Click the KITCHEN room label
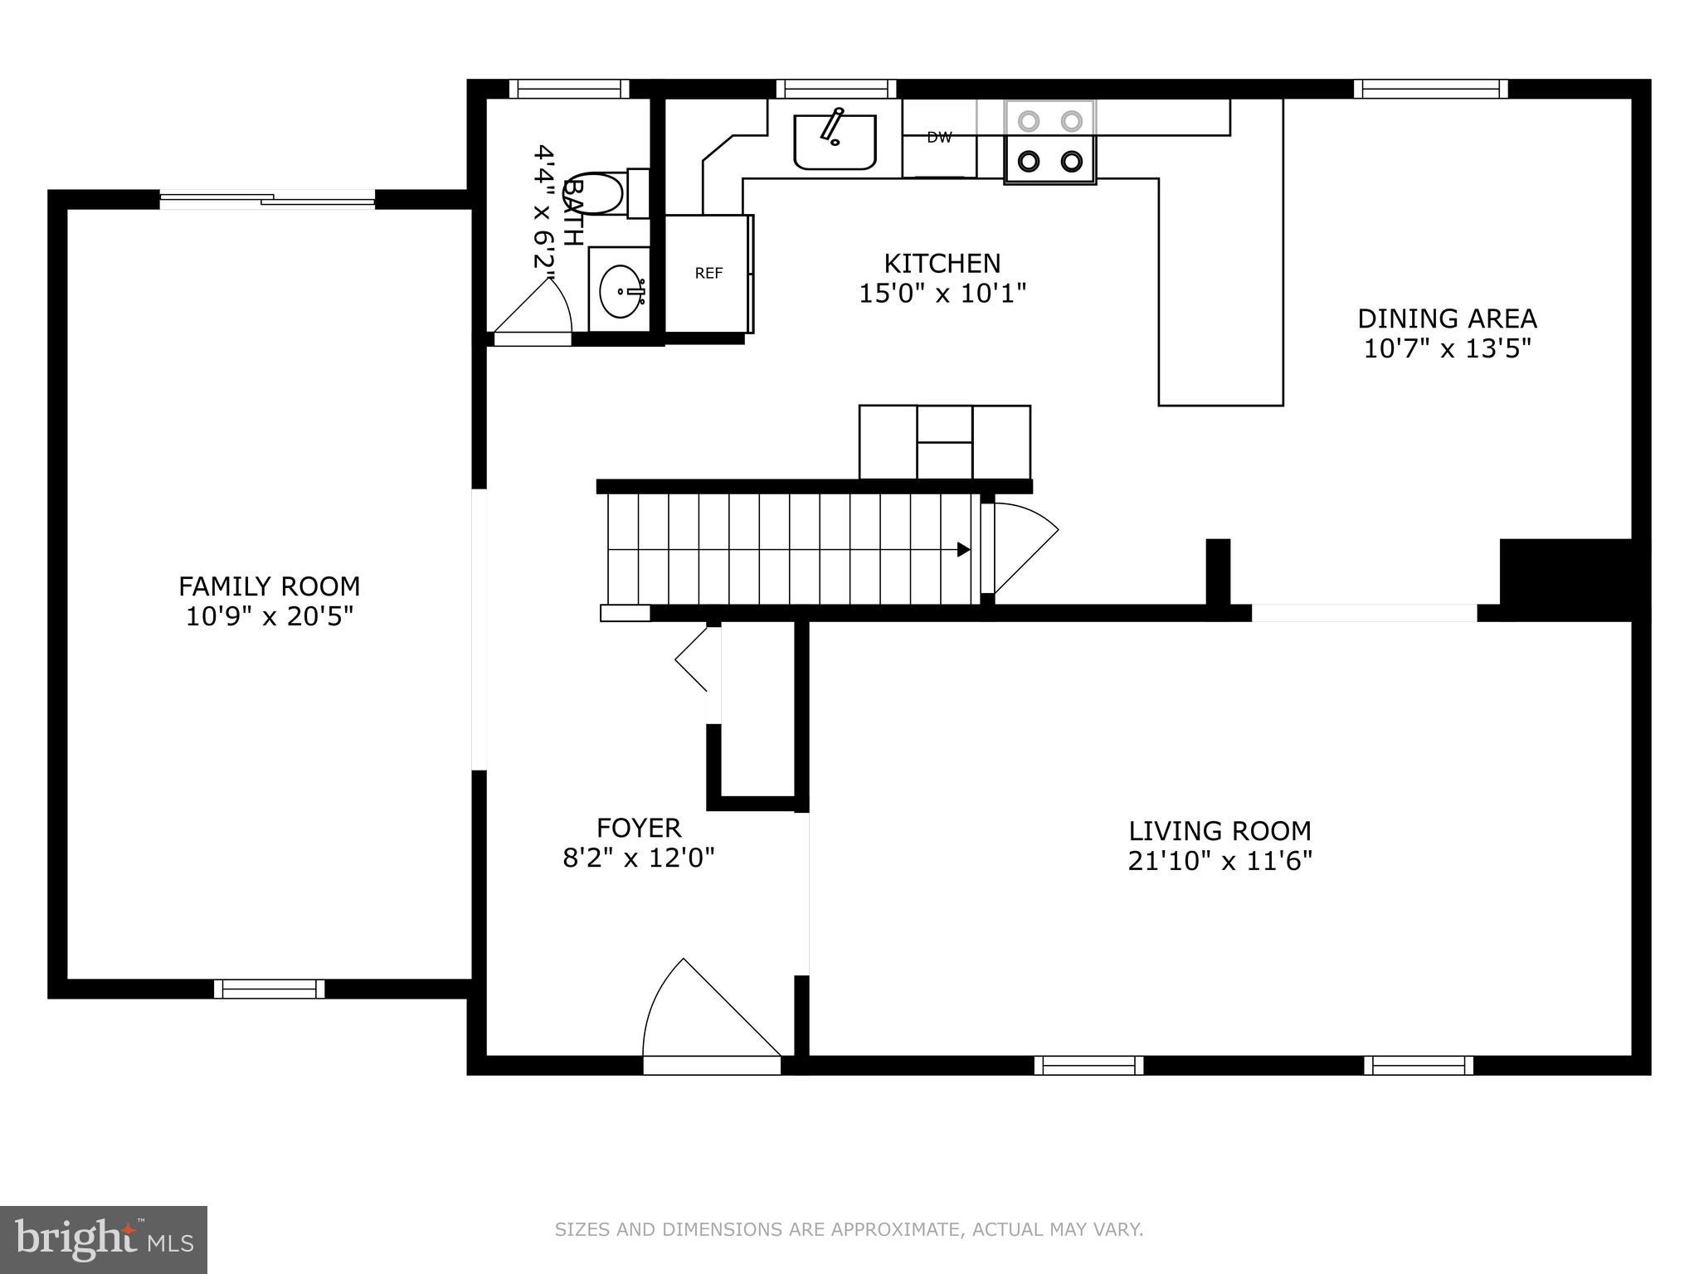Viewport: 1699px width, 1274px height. pyautogui.click(x=942, y=264)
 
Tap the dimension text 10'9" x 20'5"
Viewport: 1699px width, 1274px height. pyautogui.click(x=270, y=617)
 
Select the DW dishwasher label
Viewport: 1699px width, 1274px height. pyautogui.click(x=939, y=138)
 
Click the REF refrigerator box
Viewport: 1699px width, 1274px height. pyautogui.click(x=708, y=274)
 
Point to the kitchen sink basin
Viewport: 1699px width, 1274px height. pyautogui.click(x=835, y=143)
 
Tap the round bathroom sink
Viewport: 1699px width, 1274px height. pyautogui.click(x=621, y=290)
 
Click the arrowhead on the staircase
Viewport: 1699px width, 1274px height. pyautogui.click(x=963, y=549)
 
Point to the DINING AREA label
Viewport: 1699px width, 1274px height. pyautogui.click(x=1447, y=318)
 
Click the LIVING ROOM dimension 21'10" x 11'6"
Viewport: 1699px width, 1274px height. pyautogui.click(x=1219, y=861)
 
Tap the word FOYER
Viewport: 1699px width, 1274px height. pyautogui.click(x=639, y=828)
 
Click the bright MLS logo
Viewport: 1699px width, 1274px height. pyautogui.click(x=104, y=1240)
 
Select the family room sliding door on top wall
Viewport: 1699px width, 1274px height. pyautogui.click(x=267, y=199)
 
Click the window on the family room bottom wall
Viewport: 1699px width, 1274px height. pyautogui.click(x=270, y=989)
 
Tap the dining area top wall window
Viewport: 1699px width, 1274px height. pyautogui.click(x=1431, y=89)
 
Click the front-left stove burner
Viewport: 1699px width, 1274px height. pyautogui.click(x=1029, y=161)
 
